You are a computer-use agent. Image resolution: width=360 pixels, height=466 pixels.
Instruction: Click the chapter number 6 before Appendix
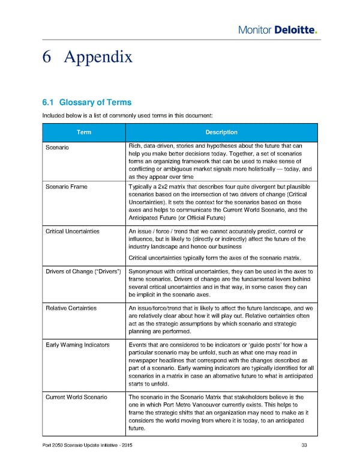(50, 57)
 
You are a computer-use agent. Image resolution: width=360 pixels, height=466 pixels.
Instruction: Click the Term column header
(83, 132)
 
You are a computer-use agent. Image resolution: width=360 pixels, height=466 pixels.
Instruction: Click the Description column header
(221, 132)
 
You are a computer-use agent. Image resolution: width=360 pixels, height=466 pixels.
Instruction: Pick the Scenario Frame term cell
(66, 187)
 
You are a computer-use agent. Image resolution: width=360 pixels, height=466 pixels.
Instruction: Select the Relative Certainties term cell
(71, 308)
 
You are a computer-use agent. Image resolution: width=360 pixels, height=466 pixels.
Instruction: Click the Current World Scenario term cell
(76, 397)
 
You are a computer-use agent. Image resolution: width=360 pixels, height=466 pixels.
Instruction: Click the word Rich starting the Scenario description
(135, 145)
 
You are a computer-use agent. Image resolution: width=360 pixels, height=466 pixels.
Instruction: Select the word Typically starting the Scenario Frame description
(141, 187)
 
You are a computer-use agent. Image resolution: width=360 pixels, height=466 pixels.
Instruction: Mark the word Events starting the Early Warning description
(138, 344)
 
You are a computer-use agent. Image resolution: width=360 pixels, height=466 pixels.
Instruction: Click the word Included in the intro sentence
(53, 115)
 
